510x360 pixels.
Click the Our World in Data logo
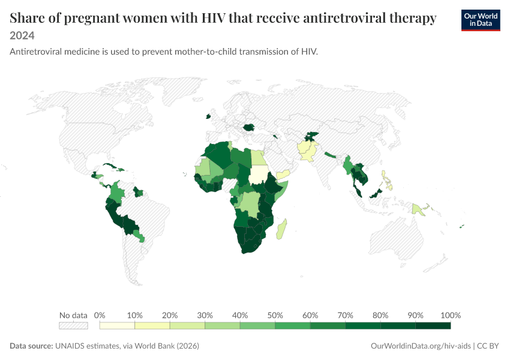point(481,20)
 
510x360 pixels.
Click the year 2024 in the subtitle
point(22,35)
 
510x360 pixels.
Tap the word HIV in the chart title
point(213,18)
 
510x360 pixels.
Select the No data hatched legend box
point(73,326)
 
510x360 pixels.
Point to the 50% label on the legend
point(275,315)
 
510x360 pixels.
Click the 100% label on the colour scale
point(451,315)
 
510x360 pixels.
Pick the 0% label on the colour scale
point(100,315)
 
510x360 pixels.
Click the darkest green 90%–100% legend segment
point(433,326)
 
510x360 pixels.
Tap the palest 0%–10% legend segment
point(117,326)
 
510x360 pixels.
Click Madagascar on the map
point(281,229)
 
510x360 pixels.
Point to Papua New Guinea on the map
point(420,209)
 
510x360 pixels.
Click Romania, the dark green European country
point(249,127)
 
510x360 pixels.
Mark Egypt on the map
point(258,157)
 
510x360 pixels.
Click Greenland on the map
point(182,89)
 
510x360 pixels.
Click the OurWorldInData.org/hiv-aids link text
point(421,346)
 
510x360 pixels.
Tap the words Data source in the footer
point(31,346)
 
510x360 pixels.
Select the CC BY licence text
point(488,346)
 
